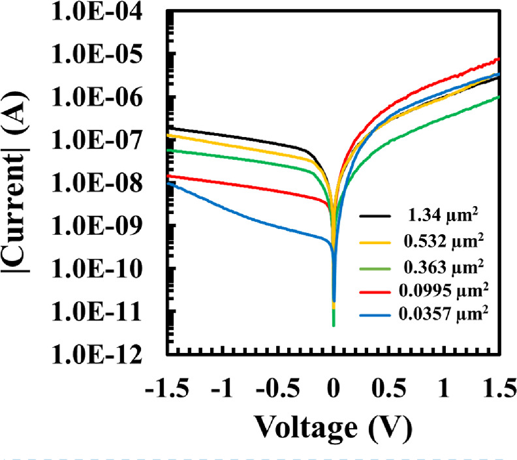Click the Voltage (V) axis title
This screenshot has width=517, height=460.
[333, 427]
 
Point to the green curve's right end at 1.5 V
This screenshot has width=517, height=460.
[499, 97]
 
